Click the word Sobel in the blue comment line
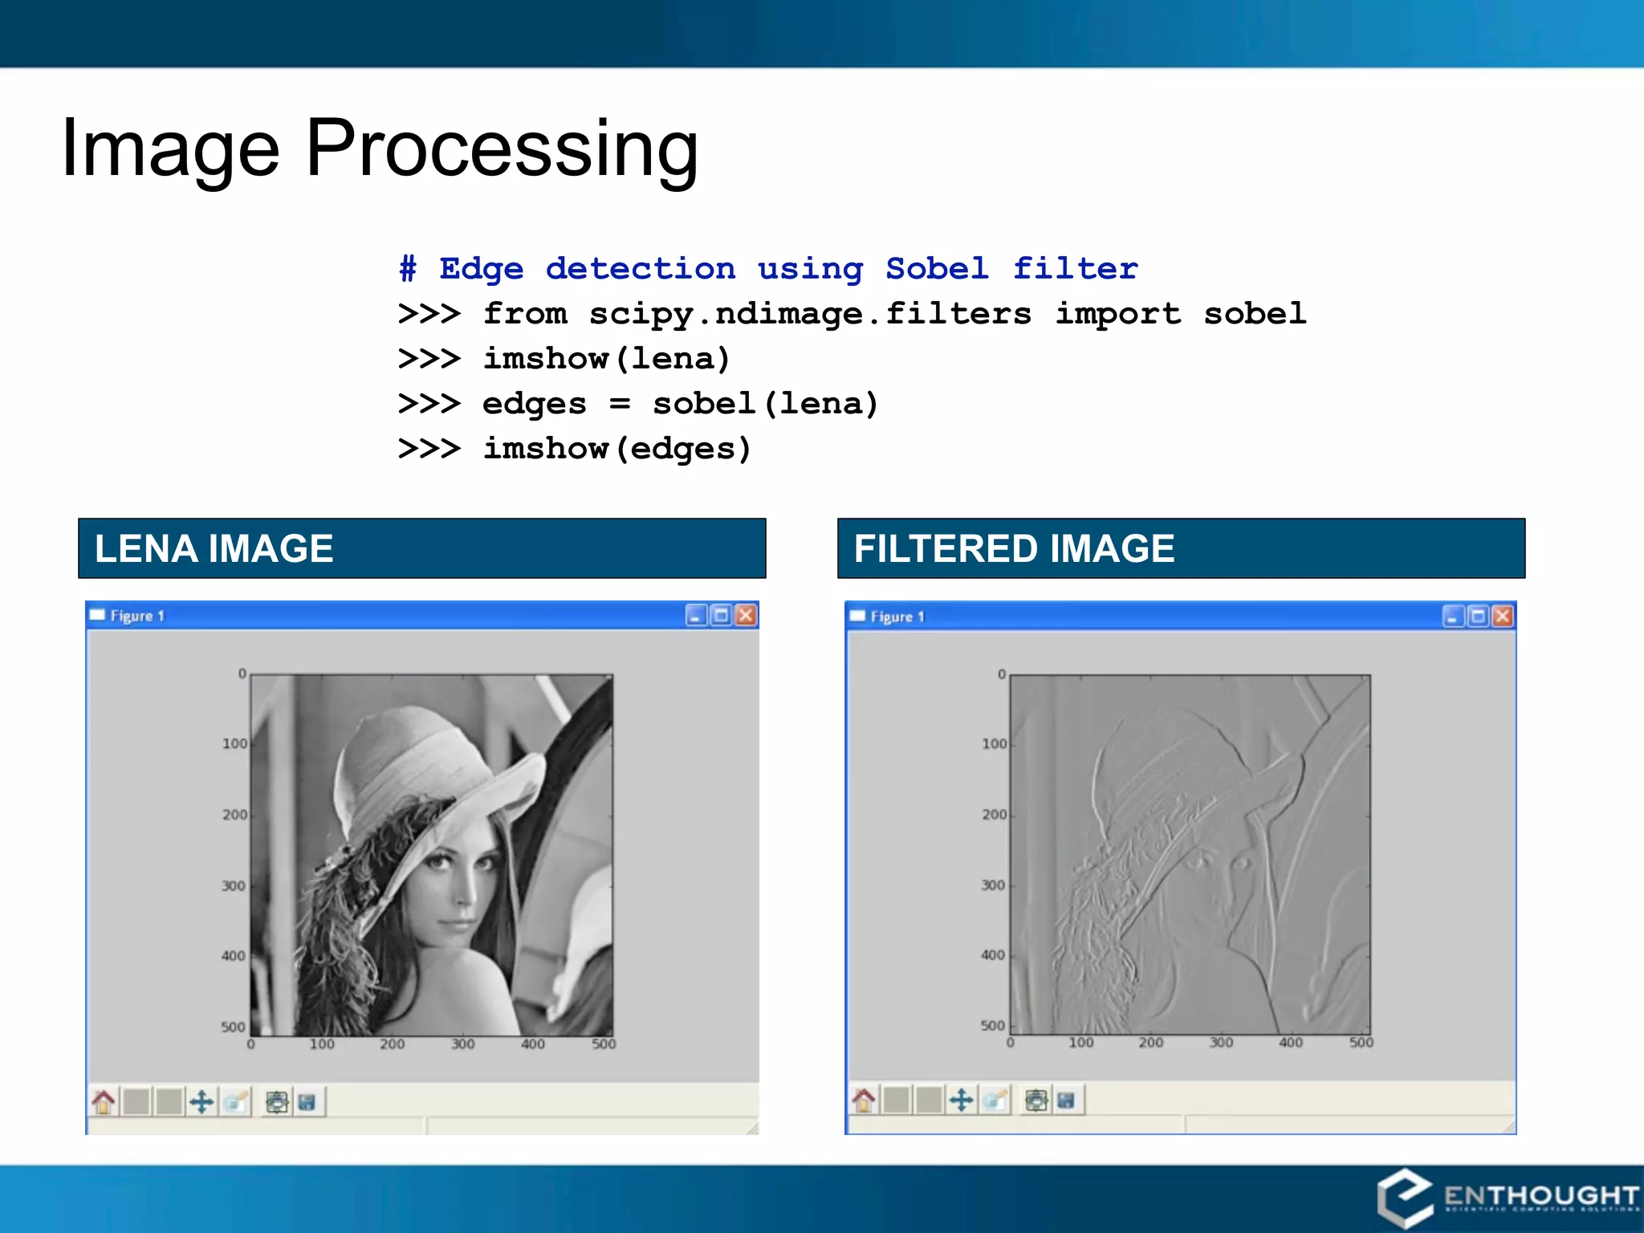click(x=937, y=269)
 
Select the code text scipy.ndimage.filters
click(x=810, y=314)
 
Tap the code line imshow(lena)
click(x=606, y=359)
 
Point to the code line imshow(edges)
click(x=616, y=449)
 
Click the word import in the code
click(x=1117, y=314)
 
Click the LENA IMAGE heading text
click(x=214, y=549)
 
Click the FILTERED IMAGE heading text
click(x=1014, y=549)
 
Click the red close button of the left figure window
click(x=746, y=616)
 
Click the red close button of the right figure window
click(x=1502, y=616)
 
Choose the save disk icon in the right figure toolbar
click(x=1065, y=1101)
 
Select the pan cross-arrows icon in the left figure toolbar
click(x=201, y=1102)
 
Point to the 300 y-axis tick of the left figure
click(x=234, y=886)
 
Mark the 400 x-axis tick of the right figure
click(x=1291, y=1043)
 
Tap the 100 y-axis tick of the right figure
click(x=994, y=744)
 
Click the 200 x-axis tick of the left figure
click(x=392, y=1044)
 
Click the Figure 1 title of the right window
click(x=897, y=616)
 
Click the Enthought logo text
click(x=1540, y=1196)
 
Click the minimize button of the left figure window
click(x=696, y=616)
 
